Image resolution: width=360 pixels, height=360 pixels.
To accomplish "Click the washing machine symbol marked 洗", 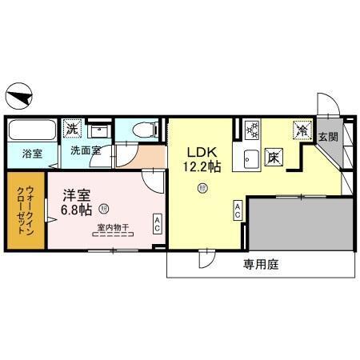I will (72, 128).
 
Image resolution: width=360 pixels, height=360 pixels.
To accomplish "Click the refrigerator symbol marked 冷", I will (302, 129).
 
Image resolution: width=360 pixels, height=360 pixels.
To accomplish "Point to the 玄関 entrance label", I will (328, 137).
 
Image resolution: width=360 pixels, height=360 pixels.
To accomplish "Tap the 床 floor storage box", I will (273, 156).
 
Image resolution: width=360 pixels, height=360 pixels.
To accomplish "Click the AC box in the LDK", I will (238, 210).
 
